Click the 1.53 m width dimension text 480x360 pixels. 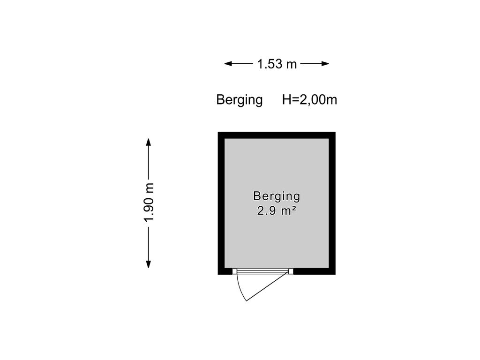pos(277,64)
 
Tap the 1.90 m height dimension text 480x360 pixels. pos(149,202)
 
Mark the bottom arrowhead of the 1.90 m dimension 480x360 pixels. pos(149,264)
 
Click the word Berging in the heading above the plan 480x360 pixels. pos(240,100)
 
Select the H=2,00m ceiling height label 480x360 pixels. pos(309,99)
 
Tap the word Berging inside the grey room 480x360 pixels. pos(277,196)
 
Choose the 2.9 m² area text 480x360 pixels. pos(277,210)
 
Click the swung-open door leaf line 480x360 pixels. pos(267,286)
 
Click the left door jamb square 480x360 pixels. pos(234,271)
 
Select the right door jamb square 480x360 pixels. pos(291,271)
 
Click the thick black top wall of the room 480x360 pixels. pos(277,135)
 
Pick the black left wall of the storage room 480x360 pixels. pos(221,203)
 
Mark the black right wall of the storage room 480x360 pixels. pos(332,203)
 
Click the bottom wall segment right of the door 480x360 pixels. pos(315,271)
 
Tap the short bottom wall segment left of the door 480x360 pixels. pos(225,271)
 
